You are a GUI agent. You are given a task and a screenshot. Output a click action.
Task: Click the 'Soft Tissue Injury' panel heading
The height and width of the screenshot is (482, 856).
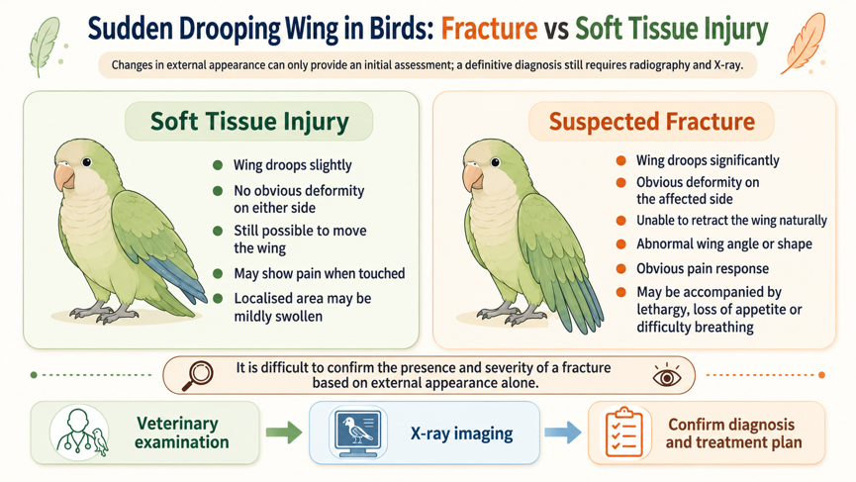tap(249, 121)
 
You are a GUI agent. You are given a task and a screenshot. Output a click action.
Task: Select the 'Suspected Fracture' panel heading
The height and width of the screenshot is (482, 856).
tap(652, 121)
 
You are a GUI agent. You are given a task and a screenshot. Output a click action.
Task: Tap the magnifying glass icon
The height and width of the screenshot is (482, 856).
tap(197, 375)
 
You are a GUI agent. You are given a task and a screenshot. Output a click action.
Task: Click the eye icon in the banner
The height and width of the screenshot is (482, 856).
tap(667, 376)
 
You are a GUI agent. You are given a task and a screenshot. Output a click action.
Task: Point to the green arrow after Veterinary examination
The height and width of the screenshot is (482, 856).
tap(284, 433)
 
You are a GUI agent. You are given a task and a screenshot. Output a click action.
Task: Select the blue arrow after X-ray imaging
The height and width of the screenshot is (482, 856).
tap(563, 433)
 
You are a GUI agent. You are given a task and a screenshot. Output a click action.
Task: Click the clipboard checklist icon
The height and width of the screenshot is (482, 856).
tap(624, 433)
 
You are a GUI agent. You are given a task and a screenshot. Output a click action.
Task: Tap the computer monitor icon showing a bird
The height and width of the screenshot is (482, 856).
tap(358, 433)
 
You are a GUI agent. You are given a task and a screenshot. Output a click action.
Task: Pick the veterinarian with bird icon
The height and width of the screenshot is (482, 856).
tap(79, 433)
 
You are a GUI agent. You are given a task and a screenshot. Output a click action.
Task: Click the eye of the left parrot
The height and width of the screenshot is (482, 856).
tap(86, 162)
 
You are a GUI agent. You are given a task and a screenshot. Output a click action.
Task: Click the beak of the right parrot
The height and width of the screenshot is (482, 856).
tap(472, 176)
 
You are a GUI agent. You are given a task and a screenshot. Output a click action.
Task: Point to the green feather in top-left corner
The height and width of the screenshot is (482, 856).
tap(45, 46)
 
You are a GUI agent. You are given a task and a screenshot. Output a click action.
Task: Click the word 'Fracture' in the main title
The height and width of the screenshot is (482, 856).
tap(489, 29)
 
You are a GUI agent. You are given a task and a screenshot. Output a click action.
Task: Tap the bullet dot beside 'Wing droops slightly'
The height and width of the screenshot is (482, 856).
tap(218, 165)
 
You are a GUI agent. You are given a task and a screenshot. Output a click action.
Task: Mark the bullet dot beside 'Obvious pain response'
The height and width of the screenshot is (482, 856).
tap(620, 268)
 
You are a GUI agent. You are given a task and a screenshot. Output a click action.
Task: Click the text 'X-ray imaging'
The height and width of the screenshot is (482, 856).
tap(462, 434)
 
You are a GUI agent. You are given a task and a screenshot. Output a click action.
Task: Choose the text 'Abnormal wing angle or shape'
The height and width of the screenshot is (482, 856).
tap(724, 244)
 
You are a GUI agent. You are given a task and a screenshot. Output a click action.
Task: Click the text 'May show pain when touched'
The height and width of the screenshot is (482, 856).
tap(320, 273)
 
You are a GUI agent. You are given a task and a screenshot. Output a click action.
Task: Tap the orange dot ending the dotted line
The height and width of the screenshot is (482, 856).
tap(821, 375)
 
